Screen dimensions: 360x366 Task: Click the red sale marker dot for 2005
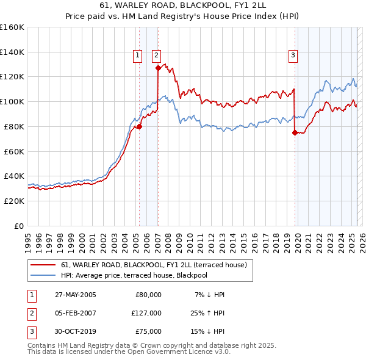139,127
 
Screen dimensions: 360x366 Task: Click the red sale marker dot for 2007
157,68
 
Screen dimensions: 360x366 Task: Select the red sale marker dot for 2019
295,132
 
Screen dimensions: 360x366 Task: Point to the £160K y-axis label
12,27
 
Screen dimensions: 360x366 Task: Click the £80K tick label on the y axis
14,126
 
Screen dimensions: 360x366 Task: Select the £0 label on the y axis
18,226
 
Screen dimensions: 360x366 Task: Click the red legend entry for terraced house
154,265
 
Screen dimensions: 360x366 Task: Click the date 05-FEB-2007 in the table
76,313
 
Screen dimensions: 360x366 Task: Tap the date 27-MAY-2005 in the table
76,295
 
